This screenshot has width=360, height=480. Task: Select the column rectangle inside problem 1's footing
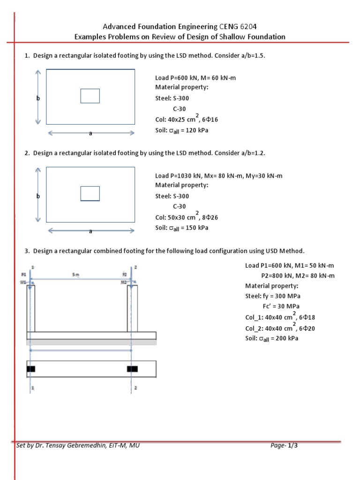90,96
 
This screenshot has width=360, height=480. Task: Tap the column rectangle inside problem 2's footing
90,194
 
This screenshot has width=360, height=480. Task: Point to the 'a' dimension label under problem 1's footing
91,134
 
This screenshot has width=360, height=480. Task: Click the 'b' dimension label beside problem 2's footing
38,196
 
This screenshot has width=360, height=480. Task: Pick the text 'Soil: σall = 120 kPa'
182,130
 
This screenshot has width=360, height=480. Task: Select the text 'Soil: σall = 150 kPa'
182,228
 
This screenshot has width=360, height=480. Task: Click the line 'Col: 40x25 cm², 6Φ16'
187,119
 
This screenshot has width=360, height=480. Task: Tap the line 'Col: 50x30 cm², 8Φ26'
187,217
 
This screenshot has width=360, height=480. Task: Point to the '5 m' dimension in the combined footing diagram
76,275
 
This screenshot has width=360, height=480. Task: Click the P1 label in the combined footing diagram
24,274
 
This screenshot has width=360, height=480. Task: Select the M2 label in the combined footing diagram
124,282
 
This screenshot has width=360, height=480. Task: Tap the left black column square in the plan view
31,369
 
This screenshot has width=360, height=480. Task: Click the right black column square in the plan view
132,369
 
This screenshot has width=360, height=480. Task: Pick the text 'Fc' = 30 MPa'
280,307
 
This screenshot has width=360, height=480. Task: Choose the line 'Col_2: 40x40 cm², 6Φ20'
280,328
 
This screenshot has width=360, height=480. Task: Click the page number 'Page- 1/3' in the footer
284,446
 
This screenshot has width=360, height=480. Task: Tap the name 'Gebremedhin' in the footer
85,446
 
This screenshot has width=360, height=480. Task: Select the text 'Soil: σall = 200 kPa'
272,338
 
